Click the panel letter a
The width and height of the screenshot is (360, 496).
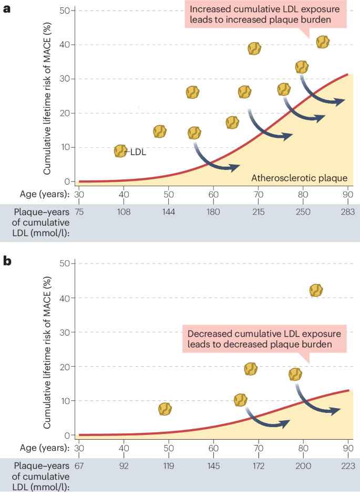click(7, 9)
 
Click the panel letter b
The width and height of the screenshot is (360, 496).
click(7, 261)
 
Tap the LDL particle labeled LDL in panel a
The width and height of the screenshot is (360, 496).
click(120, 151)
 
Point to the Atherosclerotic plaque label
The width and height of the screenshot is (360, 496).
click(299, 178)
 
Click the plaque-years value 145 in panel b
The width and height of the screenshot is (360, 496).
click(213, 467)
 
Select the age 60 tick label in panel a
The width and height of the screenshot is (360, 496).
click(213, 194)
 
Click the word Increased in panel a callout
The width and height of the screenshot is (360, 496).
click(209, 9)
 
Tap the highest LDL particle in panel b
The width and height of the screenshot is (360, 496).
click(316, 290)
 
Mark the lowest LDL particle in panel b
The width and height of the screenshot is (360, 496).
click(165, 409)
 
